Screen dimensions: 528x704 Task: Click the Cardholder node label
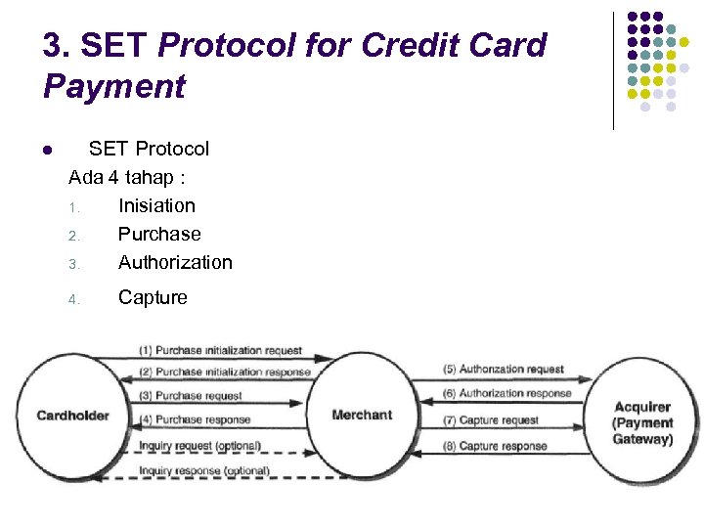pos(72,416)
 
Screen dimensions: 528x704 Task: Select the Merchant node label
pos(362,415)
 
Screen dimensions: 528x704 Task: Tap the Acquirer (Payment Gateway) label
pos(642,423)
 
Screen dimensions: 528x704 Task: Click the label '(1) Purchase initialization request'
pos(220,350)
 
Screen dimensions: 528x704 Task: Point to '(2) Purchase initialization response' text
pos(224,372)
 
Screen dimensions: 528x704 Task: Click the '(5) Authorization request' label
pos(504,370)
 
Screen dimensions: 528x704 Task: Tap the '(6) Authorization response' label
pos(507,393)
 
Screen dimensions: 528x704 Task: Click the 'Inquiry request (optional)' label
pos(199,446)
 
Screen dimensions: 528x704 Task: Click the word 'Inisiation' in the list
pos(156,205)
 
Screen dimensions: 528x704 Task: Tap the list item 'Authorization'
pos(175,262)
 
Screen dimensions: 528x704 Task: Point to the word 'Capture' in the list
pos(153,297)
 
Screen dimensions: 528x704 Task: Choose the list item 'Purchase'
pos(159,234)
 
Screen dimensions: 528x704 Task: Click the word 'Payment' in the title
pos(113,86)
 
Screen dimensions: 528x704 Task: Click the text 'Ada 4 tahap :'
pos(127,178)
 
